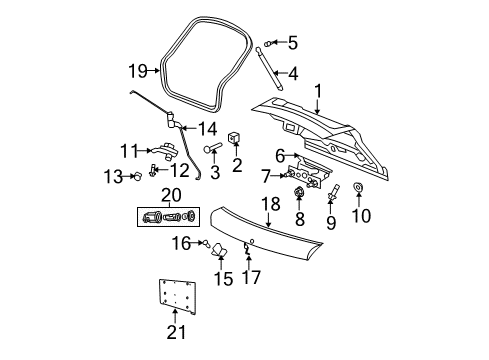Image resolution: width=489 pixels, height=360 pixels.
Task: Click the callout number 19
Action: pyautogui.click(x=137, y=70)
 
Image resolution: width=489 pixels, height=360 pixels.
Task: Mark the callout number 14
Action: pyautogui.click(x=207, y=127)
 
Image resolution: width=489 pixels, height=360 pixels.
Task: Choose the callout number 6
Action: pyautogui.click(x=281, y=156)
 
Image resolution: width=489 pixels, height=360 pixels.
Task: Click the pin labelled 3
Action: pyautogui.click(x=212, y=150)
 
